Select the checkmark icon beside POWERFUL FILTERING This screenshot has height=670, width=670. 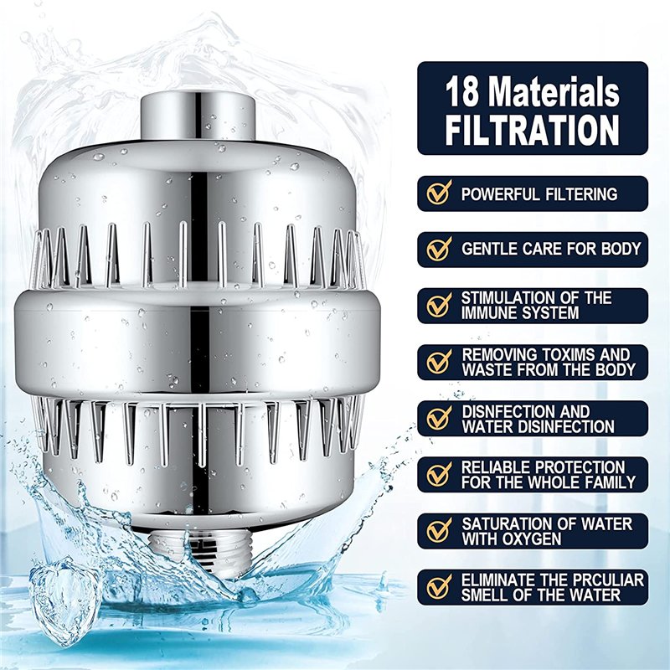point(439,193)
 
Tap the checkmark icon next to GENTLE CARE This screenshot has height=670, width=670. point(439,249)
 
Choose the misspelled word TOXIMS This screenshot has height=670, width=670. point(561,354)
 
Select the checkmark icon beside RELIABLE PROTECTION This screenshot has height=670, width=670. point(439,474)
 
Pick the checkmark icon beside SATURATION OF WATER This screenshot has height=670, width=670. point(439,530)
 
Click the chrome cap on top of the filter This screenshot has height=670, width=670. point(198,116)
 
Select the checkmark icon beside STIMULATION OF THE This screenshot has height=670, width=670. point(439,305)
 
